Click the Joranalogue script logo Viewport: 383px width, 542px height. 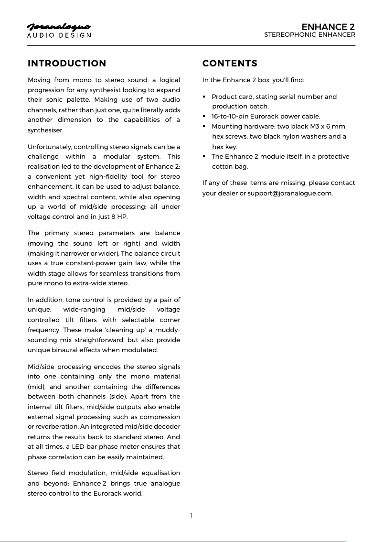pos(59,27)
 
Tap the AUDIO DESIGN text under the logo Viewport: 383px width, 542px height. pos(59,35)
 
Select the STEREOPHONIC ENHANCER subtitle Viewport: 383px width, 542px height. pos(309,35)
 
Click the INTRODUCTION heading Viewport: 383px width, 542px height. pos(67,64)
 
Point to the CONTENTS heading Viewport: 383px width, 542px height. pos(230,64)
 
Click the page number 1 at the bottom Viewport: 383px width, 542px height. pos(191,515)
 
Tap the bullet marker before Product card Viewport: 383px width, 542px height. pos(204,97)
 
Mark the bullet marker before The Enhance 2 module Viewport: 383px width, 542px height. pos(204,157)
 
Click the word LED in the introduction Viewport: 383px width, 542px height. pos(76,447)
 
